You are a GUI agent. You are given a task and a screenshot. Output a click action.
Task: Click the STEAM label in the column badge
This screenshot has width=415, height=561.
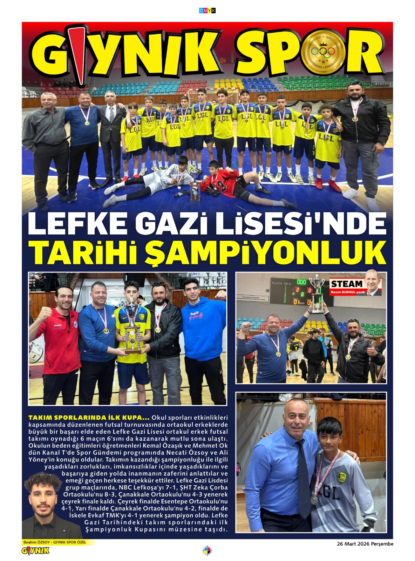click(x=347, y=284)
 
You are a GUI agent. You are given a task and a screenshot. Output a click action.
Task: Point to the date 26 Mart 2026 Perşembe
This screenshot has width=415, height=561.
click(x=365, y=544)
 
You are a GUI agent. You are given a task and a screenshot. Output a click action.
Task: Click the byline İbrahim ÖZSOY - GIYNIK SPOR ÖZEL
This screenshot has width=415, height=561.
click(x=54, y=542)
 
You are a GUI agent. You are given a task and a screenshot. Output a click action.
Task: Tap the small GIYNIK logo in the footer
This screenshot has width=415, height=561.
click(x=35, y=551)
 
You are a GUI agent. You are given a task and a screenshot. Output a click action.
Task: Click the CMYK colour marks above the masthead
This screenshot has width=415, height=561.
click(x=207, y=11)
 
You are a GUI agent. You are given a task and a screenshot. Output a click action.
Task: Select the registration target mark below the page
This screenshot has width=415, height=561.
click(x=207, y=551)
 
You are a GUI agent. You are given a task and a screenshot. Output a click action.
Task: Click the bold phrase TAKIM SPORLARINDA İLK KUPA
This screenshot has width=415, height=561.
click(x=89, y=418)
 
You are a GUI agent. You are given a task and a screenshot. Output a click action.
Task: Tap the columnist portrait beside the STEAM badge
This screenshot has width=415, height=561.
click(x=373, y=283)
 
